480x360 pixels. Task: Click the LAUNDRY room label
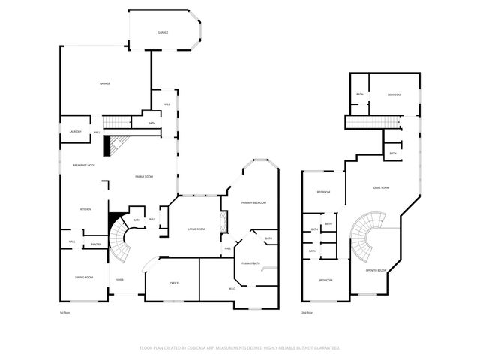coord(75,132)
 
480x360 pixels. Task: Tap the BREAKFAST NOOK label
coord(83,165)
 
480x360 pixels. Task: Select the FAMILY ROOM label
coord(144,177)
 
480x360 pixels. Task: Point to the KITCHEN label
coord(85,209)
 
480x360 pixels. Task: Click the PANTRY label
coord(96,244)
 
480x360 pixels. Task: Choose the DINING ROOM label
coord(84,277)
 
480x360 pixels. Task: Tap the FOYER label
coord(119,280)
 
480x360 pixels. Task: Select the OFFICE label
coord(173,283)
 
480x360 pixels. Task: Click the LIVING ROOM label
coord(196,229)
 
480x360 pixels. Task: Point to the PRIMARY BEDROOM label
coord(253,203)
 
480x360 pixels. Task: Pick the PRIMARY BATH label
coord(250,263)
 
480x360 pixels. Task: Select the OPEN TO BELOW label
coord(375,270)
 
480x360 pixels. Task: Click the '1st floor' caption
coord(65,312)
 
